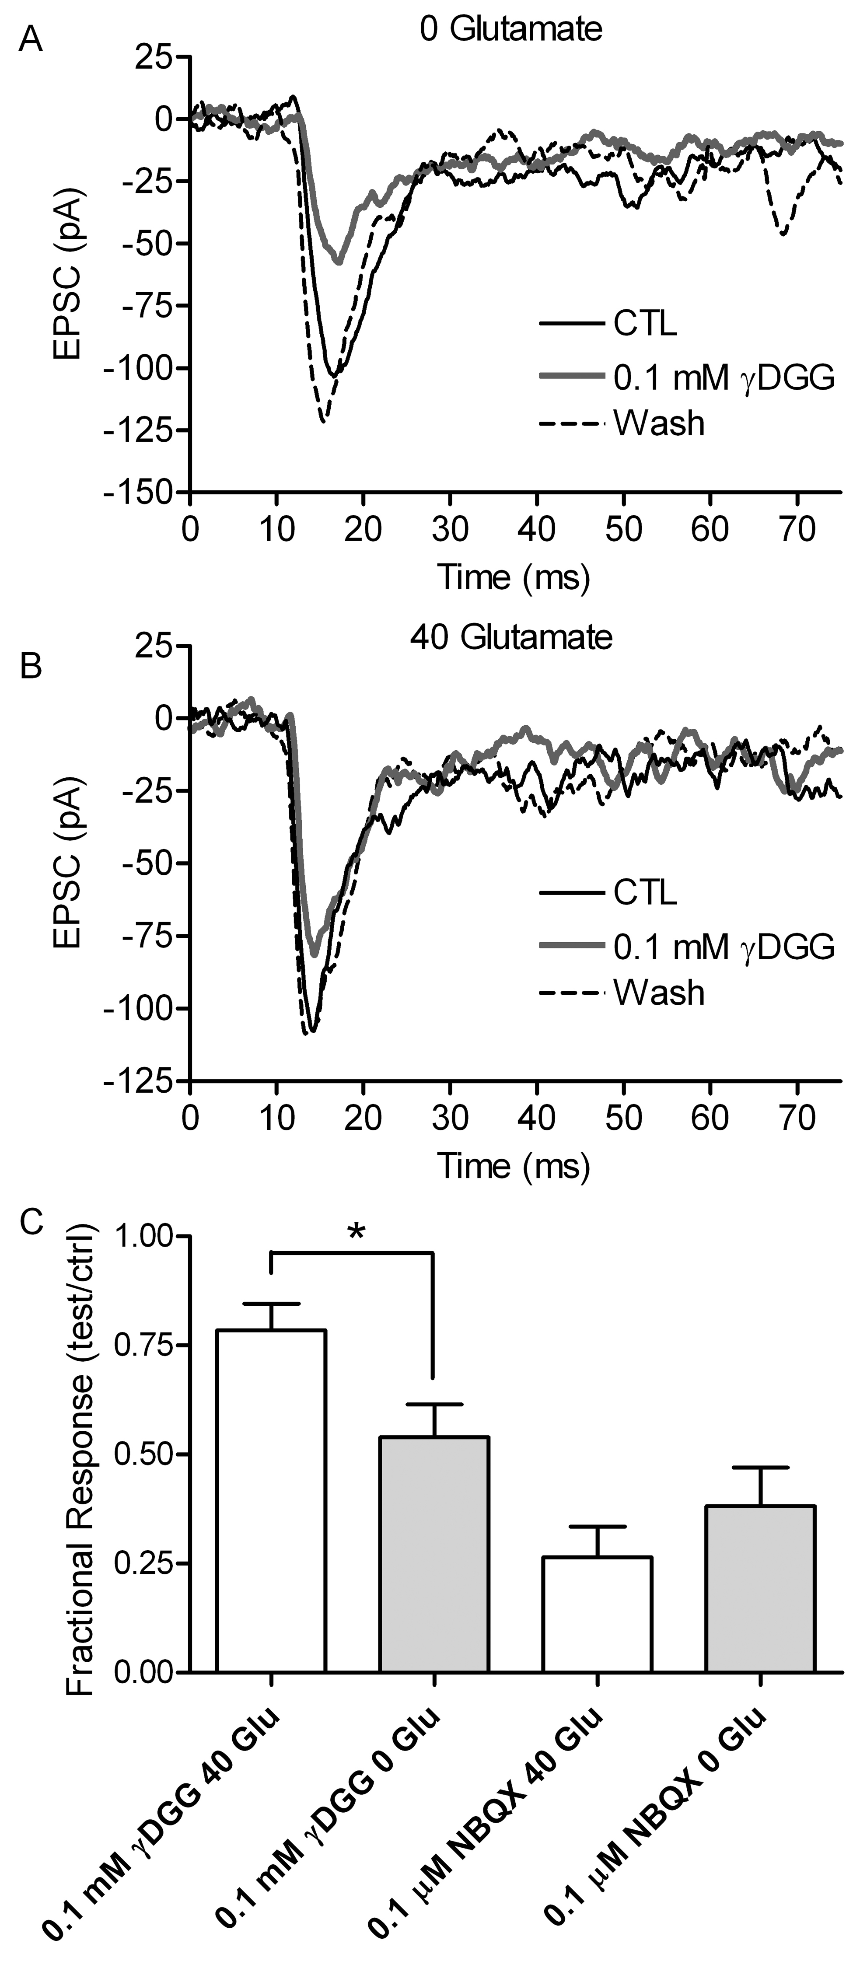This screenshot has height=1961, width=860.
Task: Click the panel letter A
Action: (x=31, y=38)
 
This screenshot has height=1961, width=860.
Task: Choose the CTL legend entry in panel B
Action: (x=645, y=892)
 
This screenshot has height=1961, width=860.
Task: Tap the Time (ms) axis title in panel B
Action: (x=513, y=1166)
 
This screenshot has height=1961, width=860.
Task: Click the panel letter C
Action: (x=31, y=1223)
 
